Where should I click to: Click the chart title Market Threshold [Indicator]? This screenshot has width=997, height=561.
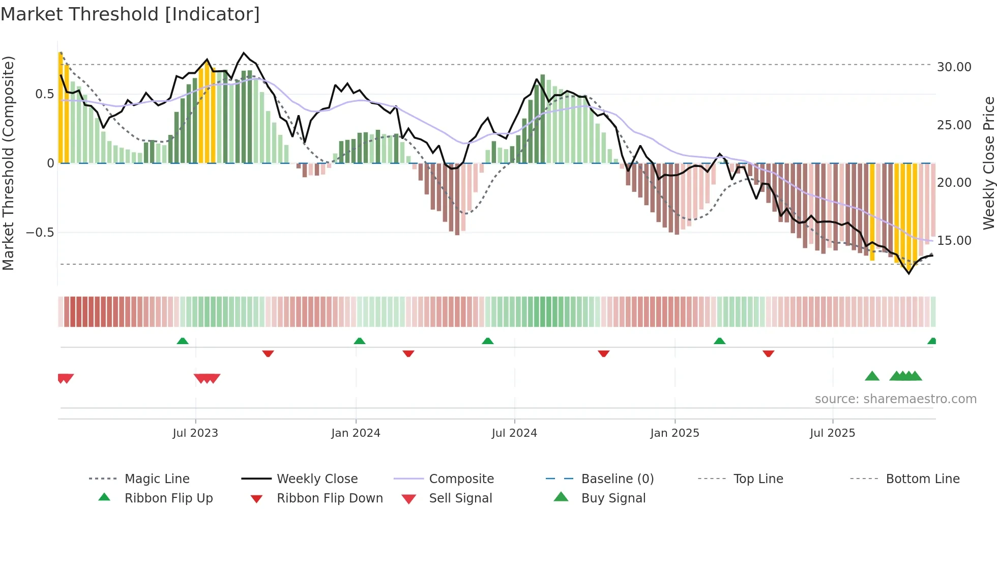pos(130,14)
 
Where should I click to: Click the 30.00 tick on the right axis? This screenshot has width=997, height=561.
pos(954,67)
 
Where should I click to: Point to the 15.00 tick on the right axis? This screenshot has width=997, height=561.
pos(954,241)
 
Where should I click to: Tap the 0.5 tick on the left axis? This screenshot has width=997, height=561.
pos(45,94)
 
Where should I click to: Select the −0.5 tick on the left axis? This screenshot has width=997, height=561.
pos(40,233)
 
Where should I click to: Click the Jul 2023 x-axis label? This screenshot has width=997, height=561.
pos(195,433)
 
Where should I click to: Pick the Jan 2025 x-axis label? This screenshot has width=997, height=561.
pos(675,433)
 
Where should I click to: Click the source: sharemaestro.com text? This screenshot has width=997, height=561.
pos(895,399)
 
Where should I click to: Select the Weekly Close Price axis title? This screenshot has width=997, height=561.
pos(988,163)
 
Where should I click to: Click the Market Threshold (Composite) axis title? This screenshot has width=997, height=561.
pos(8,163)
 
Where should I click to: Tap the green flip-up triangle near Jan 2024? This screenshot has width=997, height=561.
pos(360,341)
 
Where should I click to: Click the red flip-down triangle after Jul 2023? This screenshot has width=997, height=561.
pos(268,353)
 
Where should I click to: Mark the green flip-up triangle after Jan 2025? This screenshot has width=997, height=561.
pos(719,341)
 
